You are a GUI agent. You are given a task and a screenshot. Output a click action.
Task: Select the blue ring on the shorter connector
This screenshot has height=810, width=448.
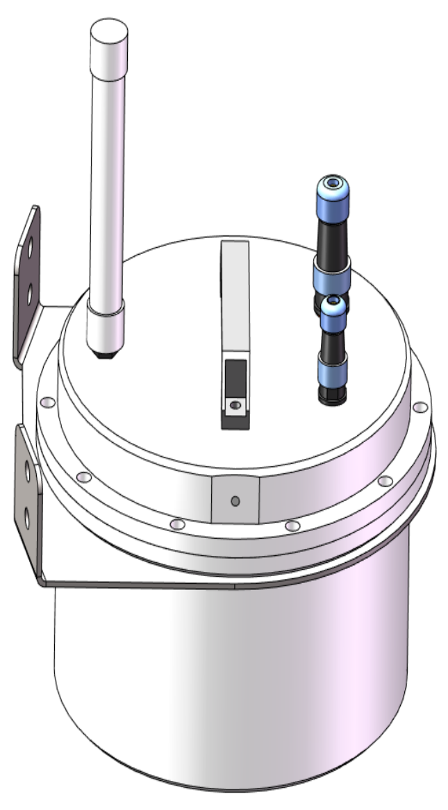click(x=334, y=367)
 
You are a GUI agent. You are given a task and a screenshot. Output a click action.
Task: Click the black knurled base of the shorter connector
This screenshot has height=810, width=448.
click(x=333, y=394)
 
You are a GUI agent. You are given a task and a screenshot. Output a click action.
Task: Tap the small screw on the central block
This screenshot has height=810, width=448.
click(x=235, y=404)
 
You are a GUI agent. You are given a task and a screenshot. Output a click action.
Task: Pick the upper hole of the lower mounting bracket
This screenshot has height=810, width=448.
click(x=28, y=471)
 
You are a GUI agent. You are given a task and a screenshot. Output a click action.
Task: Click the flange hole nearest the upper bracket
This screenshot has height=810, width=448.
click(x=47, y=402)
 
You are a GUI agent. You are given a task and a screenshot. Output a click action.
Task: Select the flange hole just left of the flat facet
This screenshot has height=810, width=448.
click(x=177, y=524)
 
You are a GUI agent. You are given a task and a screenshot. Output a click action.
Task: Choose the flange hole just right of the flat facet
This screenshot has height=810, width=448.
click(x=292, y=526)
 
